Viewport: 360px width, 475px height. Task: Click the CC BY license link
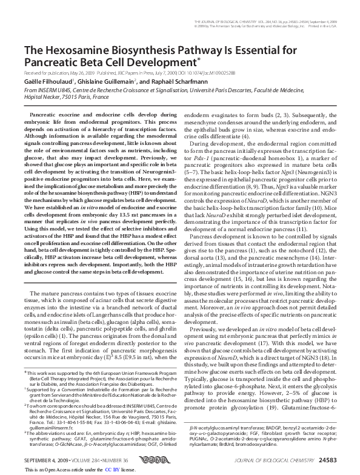[112, 470]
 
